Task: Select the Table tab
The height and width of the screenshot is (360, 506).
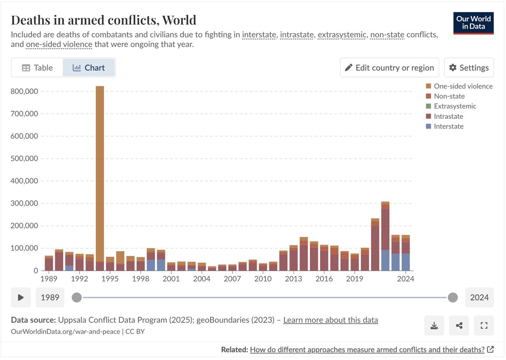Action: (x=38, y=68)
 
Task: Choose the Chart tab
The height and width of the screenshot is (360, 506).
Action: (x=89, y=68)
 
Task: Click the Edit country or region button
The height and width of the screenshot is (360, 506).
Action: (x=390, y=68)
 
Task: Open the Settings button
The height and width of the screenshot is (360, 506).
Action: (x=469, y=68)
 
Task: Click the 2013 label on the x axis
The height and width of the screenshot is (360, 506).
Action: (x=294, y=279)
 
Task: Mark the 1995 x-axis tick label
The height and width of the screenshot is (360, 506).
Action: (x=110, y=279)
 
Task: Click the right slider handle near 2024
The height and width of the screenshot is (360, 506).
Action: (x=453, y=298)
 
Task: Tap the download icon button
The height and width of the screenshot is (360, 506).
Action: (x=434, y=325)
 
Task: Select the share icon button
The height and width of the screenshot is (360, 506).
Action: (x=459, y=325)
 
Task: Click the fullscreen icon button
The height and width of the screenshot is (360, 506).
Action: (x=484, y=325)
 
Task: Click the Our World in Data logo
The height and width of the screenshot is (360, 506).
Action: (x=473, y=24)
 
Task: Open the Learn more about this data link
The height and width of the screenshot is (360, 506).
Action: (x=331, y=320)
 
